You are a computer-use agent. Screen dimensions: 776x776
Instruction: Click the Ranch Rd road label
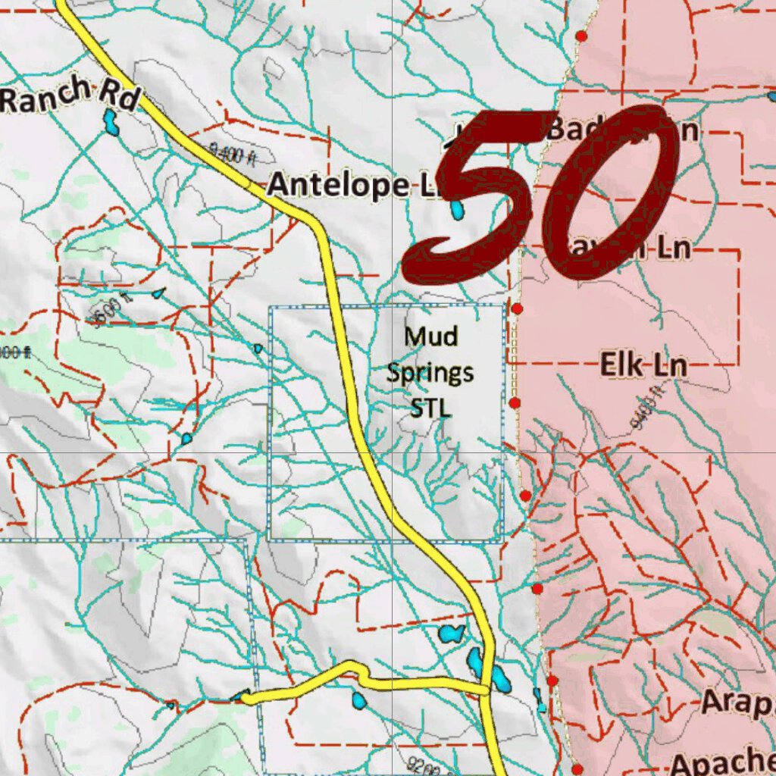point(68,96)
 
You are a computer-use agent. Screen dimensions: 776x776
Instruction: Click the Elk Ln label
point(643,365)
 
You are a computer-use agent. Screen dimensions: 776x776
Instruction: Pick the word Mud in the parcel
point(430,335)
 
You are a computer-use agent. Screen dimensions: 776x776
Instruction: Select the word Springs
point(430,372)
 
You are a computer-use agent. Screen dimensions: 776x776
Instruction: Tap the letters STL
point(430,408)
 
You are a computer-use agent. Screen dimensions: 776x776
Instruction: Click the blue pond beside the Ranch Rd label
point(111,121)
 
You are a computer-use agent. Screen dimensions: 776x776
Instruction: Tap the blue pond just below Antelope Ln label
point(457,209)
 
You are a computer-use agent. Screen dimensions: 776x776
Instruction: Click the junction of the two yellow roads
point(485,688)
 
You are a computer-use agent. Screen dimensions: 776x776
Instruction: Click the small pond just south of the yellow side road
point(358,700)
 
